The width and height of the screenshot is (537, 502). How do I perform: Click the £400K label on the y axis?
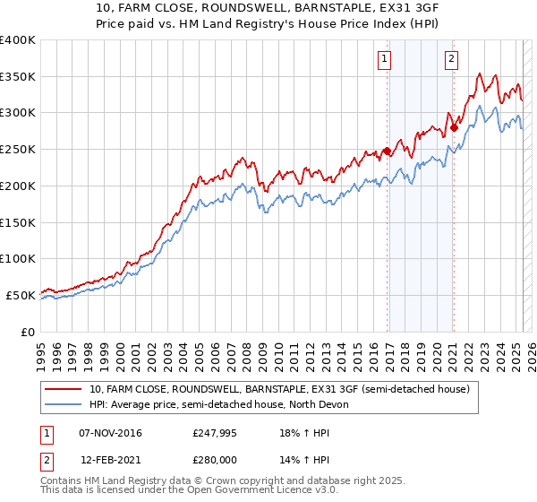click(x=18, y=40)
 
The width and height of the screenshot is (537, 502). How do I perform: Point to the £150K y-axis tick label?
click(x=18, y=222)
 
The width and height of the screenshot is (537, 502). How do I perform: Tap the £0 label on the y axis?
click(x=28, y=332)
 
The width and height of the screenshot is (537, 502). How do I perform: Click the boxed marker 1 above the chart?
click(x=384, y=60)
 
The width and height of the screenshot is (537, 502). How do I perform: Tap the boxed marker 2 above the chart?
click(x=450, y=60)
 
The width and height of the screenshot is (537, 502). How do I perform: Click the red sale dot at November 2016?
click(x=387, y=151)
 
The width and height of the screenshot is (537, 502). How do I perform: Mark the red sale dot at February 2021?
click(x=454, y=126)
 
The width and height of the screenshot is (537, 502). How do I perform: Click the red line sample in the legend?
click(x=64, y=389)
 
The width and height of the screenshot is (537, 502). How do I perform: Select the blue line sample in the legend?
click(x=64, y=404)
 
